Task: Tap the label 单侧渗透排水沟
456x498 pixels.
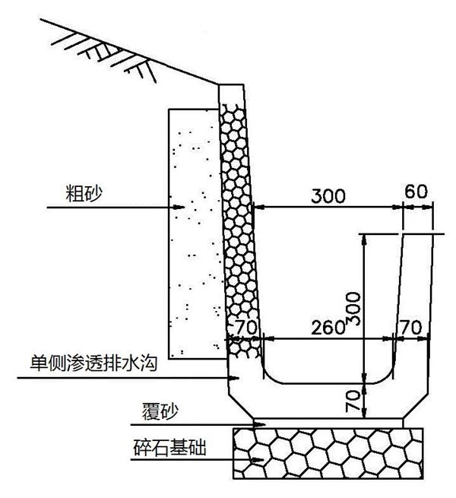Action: point(93,363)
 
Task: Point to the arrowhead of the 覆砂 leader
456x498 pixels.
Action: point(260,423)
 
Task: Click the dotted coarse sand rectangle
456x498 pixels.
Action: point(193,228)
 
